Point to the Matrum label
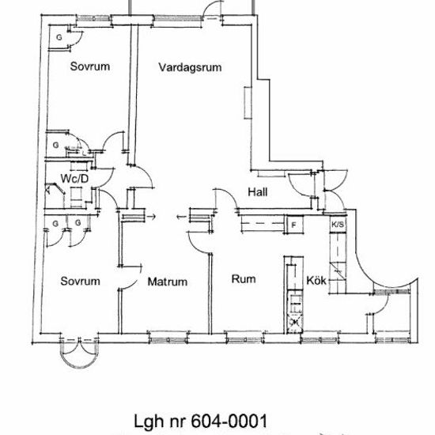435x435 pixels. click(x=167, y=281)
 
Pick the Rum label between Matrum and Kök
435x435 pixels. click(x=241, y=278)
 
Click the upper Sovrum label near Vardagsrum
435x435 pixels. click(x=89, y=66)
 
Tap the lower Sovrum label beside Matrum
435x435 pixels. click(x=80, y=281)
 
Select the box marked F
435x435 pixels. click(x=293, y=225)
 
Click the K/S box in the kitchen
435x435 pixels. click(x=337, y=225)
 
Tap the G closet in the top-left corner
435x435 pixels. click(x=59, y=38)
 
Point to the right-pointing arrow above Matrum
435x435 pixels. click(x=151, y=214)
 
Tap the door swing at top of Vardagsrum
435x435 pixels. click(x=211, y=10)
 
